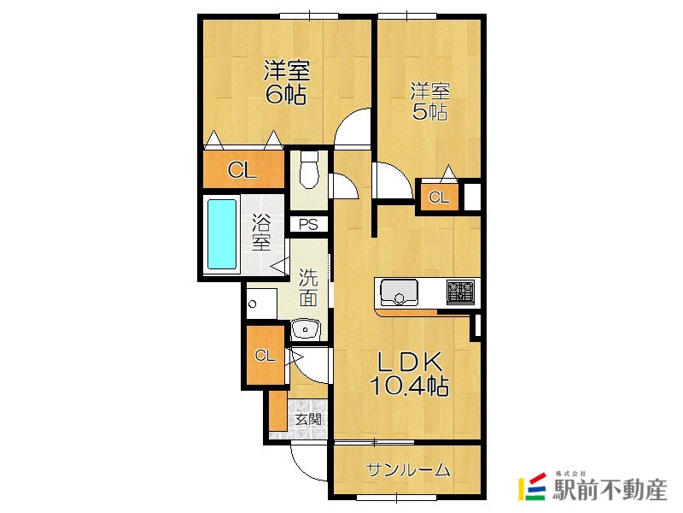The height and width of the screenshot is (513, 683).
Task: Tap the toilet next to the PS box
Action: [309, 169]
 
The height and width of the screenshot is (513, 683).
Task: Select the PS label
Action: [308, 225]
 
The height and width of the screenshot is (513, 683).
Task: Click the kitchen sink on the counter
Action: [399, 292]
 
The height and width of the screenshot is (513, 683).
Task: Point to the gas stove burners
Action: [460, 292]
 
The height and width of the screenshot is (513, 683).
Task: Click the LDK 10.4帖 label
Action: [409, 374]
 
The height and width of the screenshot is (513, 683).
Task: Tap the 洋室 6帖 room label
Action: [287, 82]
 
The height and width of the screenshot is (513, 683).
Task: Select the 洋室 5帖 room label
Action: [430, 101]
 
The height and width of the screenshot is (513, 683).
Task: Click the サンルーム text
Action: [409, 469]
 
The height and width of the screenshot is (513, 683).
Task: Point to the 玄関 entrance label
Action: [308, 419]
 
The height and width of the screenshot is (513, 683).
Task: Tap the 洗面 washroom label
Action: [308, 287]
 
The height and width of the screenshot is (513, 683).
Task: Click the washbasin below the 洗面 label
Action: [306, 329]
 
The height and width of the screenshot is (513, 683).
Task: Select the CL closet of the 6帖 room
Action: [243, 169]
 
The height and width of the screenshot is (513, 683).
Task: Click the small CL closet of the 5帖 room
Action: [439, 198]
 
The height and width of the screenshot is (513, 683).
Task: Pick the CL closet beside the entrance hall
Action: [265, 356]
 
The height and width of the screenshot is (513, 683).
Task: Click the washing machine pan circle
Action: [252, 304]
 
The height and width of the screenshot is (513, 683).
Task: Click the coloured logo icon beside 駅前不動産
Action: [532, 486]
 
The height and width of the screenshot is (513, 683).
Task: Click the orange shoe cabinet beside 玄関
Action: [278, 411]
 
